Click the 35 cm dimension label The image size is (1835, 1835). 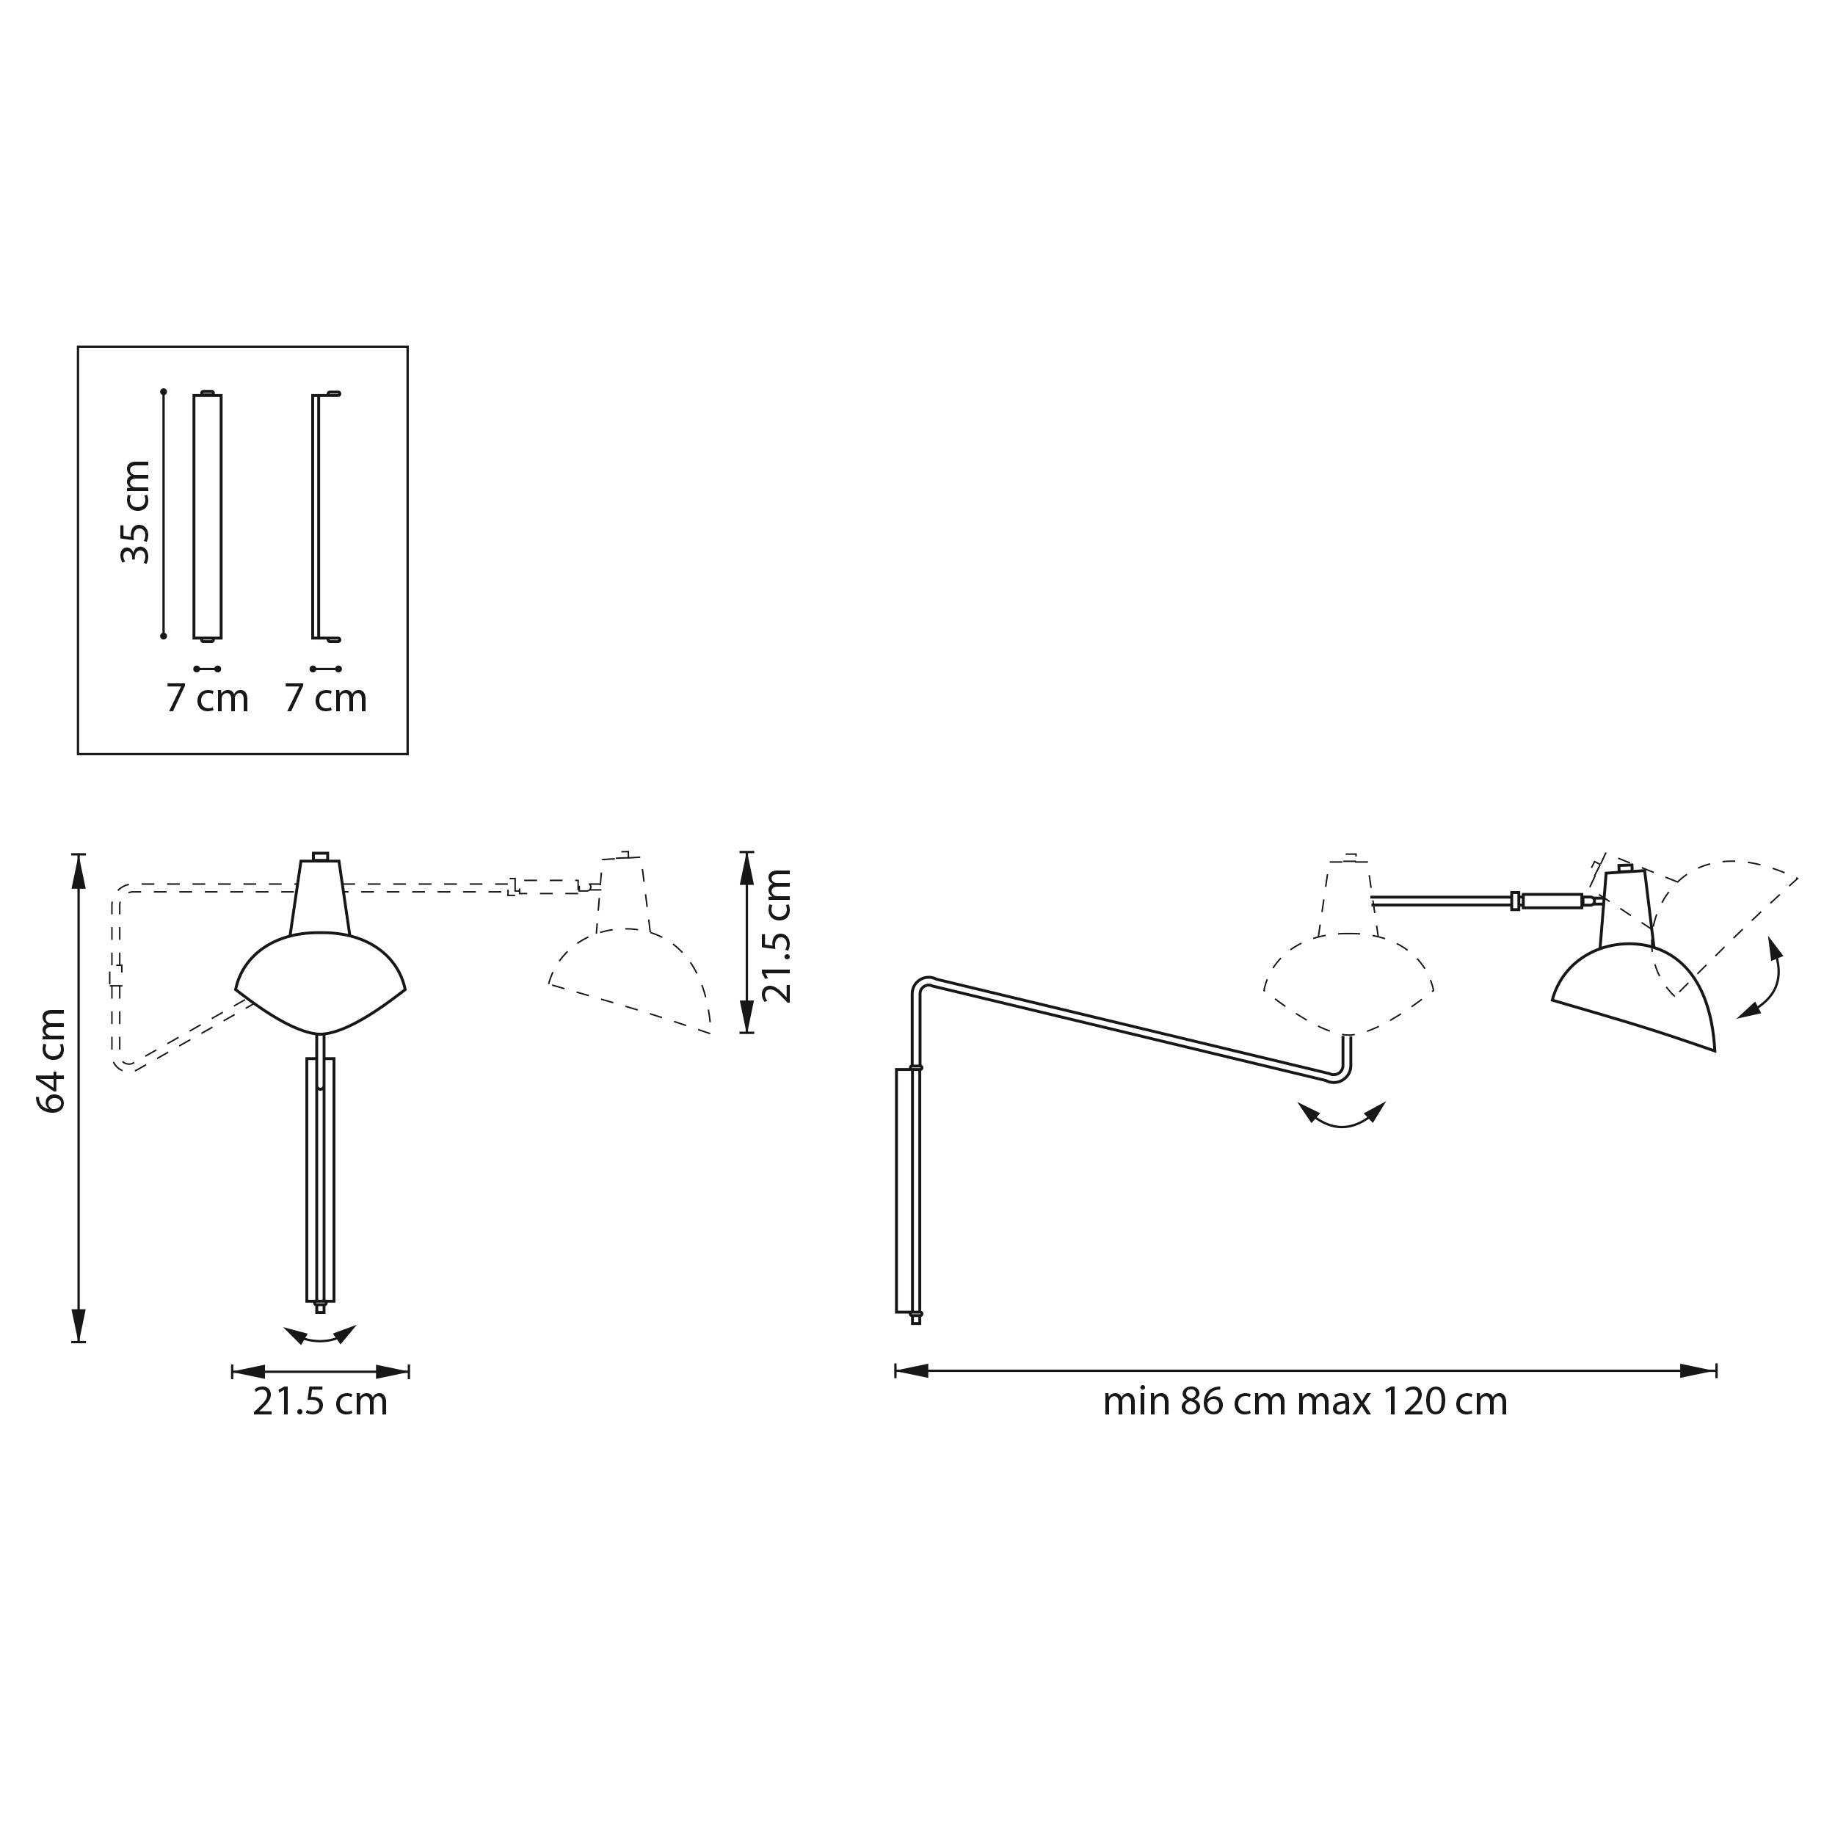136,512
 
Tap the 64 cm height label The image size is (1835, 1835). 51,1060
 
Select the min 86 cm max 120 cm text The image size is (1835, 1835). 1304,1402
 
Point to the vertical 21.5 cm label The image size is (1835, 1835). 777,936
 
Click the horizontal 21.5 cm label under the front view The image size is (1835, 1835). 320,1402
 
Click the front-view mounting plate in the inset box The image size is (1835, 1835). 207,517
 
